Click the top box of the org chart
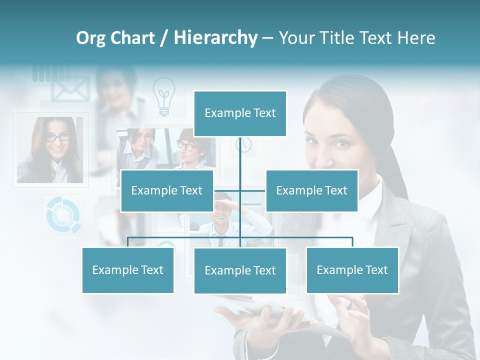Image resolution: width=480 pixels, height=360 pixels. point(240,113)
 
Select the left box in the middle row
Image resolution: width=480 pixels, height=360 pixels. point(167,190)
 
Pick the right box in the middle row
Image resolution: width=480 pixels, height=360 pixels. point(311,190)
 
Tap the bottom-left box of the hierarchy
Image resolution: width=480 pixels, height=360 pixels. point(128,270)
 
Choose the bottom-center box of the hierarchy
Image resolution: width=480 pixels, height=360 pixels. point(240,270)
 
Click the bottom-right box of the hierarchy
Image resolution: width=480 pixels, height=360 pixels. point(352,270)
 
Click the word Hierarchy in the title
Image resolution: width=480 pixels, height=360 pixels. point(215,37)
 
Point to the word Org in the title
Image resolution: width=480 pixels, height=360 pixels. point(90,37)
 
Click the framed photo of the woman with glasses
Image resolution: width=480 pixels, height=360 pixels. point(50,149)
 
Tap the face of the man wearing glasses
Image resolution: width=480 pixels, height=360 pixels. point(188,147)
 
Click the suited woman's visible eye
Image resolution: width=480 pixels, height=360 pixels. point(341,144)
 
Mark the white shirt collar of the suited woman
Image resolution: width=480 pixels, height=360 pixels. point(367,202)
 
